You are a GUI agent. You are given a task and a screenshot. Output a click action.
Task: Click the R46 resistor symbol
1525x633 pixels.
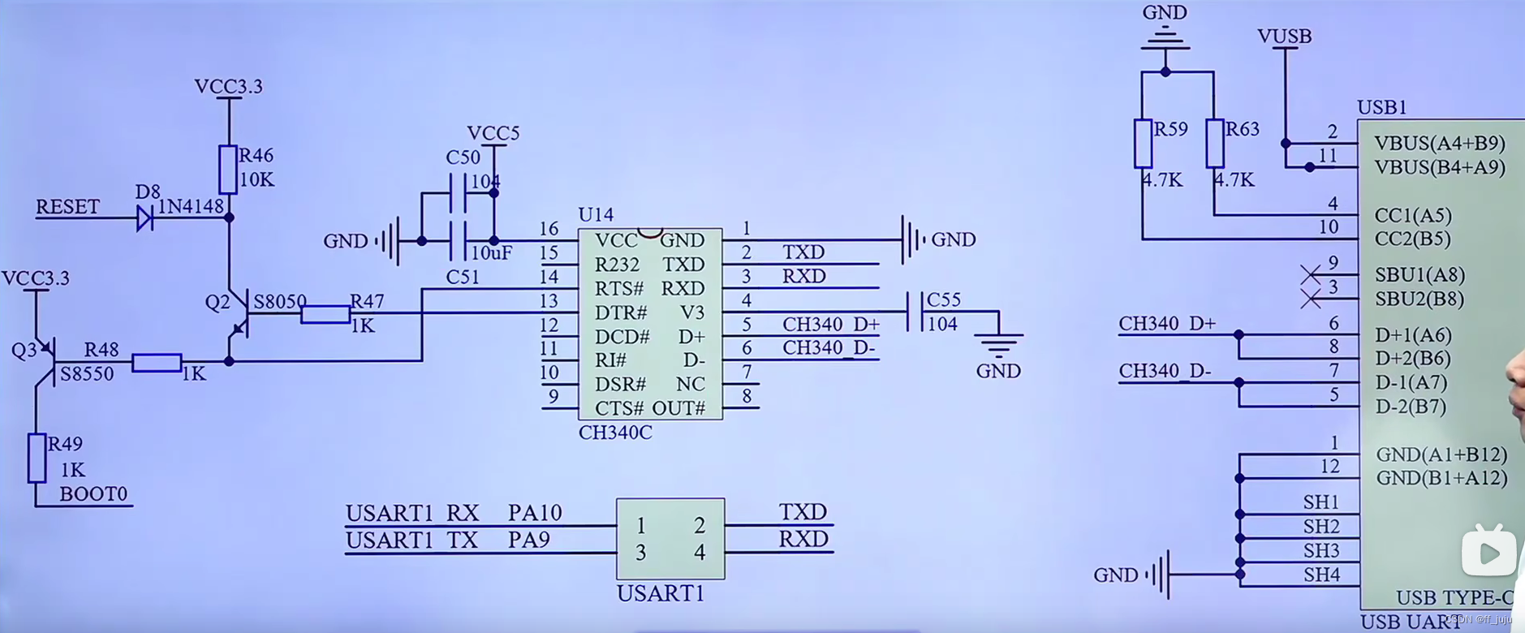point(228,170)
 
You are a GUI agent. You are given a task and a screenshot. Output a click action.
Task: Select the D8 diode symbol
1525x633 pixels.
point(145,217)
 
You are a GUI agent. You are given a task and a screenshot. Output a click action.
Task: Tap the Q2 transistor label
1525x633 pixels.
point(218,303)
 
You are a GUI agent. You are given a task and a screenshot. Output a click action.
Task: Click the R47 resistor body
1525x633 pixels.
point(325,315)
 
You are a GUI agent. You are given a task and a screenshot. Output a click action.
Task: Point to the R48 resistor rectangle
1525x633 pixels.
point(157,363)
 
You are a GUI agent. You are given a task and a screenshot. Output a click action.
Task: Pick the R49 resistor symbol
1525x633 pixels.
point(37,458)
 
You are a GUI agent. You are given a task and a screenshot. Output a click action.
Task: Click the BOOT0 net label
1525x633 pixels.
point(93,494)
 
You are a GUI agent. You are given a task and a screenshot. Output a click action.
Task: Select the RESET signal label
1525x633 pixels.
point(67,207)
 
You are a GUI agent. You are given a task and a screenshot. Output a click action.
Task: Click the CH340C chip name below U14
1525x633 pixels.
point(615,433)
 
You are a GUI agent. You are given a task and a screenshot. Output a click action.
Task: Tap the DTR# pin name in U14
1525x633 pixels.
point(621,313)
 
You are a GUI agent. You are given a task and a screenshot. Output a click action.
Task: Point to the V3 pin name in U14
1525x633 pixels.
point(692,313)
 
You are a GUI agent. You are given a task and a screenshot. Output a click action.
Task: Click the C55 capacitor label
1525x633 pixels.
point(943,300)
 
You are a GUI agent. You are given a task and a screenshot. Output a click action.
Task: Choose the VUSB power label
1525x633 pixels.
point(1284,37)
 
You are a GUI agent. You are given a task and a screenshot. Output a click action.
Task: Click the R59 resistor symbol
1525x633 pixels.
point(1143,144)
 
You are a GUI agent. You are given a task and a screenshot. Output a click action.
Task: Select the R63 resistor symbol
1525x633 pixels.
point(1214,144)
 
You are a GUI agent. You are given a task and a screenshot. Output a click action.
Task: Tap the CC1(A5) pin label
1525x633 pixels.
point(1413,216)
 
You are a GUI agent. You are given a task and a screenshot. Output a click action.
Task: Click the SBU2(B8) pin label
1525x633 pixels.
point(1419,299)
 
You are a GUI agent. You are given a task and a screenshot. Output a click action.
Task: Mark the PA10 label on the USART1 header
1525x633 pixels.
point(535,513)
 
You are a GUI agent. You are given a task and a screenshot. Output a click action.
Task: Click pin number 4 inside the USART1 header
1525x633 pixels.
point(699,553)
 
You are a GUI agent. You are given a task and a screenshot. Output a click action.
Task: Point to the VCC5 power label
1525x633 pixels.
point(493,133)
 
